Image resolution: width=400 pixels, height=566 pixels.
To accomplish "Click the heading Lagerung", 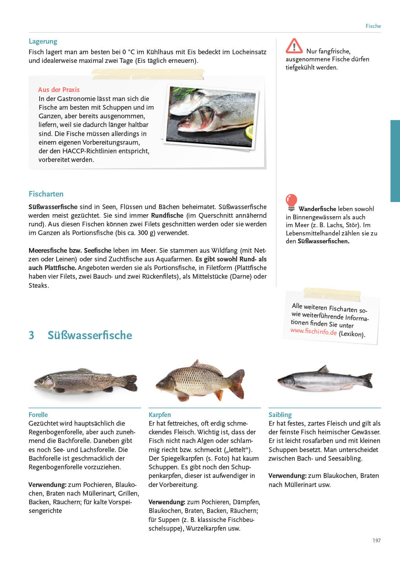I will [x=43, y=41].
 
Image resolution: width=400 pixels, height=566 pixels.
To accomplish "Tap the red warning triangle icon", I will [x=294, y=46].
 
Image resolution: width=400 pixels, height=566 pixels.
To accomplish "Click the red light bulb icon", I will [x=291, y=202].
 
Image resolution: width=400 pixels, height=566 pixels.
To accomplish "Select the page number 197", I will [x=376, y=540].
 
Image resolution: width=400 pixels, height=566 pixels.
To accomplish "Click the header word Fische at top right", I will [x=373, y=26].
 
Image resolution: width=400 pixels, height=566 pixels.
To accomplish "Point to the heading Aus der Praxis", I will [x=59, y=90].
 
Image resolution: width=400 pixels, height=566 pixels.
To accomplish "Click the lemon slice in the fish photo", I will [x=250, y=132].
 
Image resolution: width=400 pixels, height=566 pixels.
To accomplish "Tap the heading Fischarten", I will [x=46, y=194].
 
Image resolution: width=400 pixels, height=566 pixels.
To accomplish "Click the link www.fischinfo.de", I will [x=314, y=331].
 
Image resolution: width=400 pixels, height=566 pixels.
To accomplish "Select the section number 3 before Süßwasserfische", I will [x=31, y=335].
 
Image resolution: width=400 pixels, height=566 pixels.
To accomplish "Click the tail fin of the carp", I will [x=237, y=383].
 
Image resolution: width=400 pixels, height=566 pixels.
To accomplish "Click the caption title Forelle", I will [x=38, y=415].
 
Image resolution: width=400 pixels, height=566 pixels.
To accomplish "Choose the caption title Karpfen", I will [x=160, y=415].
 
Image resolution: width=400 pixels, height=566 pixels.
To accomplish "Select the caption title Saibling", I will [x=280, y=415].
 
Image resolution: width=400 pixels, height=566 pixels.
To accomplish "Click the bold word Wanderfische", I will [x=317, y=209].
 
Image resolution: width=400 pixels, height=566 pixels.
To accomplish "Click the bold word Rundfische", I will [x=167, y=215].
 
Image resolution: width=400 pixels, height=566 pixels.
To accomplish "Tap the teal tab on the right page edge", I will [x=395, y=161].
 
